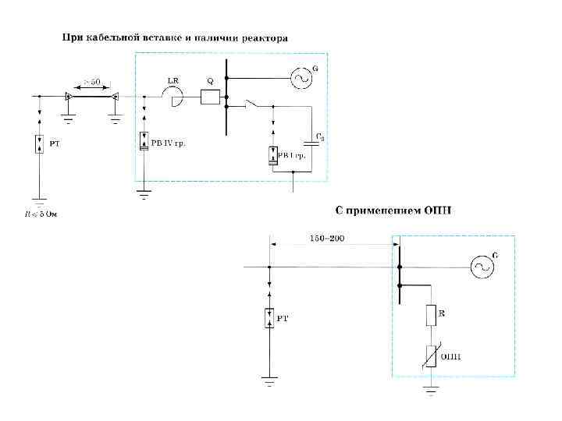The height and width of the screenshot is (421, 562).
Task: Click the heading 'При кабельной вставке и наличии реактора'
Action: pyautogui.click(x=175, y=37)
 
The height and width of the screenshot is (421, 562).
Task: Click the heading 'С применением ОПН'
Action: pyautogui.click(x=394, y=210)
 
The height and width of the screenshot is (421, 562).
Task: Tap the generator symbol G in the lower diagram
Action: pyautogui.click(x=482, y=267)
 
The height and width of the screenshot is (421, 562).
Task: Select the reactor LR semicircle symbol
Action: pyautogui.click(x=173, y=97)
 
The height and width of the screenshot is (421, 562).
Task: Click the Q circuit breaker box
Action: pyautogui.click(x=210, y=97)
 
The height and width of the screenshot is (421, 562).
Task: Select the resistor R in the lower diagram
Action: pyautogui.click(x=429, y=315)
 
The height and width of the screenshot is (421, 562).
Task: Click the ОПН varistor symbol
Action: pyautogui.click(x=429, y=356)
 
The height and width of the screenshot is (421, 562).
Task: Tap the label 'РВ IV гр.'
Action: pyautogui.click(x=168, y=143)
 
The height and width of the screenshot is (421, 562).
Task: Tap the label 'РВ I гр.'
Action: pyautogui.click(x=291, y=156)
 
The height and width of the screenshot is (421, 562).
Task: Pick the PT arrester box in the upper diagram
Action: pyautogui.click(x=39, y=144)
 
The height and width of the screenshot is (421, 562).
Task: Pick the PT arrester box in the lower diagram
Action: pyautogui.click(x=269, y=317)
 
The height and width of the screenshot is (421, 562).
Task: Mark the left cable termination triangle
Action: pyautogui.click(x=69, y=97)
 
